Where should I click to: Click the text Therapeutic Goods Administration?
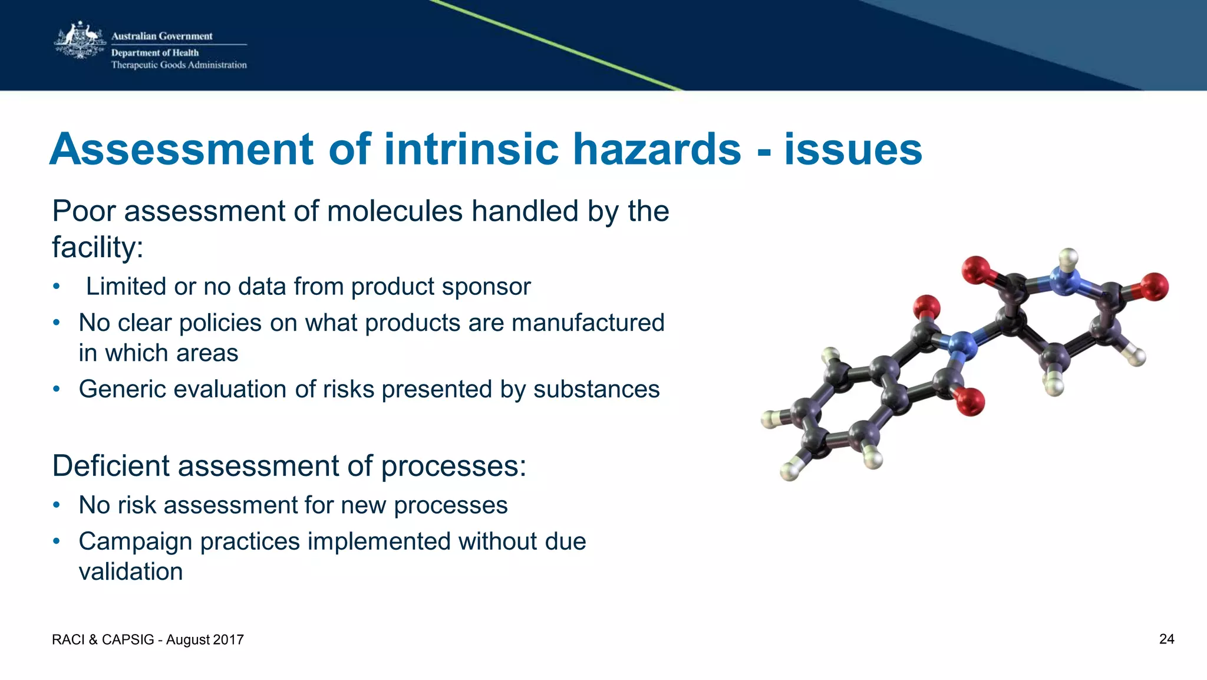coord(179,65)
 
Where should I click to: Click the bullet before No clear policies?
coord(56,323)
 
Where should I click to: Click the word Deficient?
coord(110,466)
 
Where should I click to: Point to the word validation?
coord(130,571)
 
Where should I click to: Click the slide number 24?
coord(1166,639)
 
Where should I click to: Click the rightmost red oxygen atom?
coord(1154,287)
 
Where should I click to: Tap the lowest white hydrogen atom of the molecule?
coord(789,471)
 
